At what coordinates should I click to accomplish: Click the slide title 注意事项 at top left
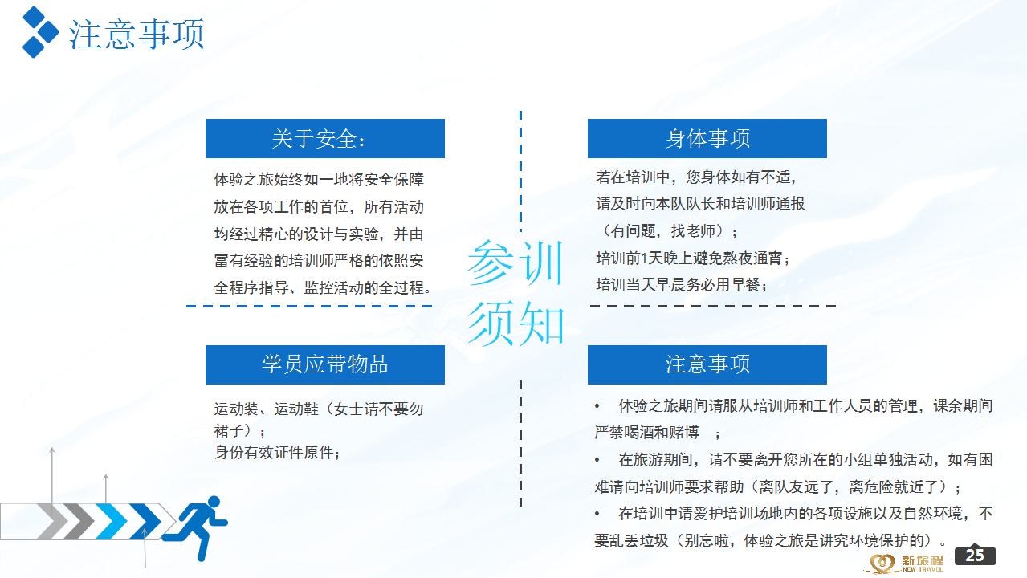coord(137,34)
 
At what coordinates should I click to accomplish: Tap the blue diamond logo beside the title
coord(40,32)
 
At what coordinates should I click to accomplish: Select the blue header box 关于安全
coord(325,138)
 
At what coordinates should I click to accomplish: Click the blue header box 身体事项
coord(707,138)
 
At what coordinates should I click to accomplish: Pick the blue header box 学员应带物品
coord(325,364)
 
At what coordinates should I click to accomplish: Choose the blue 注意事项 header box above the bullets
coord(707,364)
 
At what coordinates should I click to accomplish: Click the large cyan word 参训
coord(516,263)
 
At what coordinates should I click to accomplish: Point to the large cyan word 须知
coord(516,324)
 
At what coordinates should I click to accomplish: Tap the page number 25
coord(975,555)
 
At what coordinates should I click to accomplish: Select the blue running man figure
coord(195,528)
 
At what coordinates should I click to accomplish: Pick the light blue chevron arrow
coord(112,521)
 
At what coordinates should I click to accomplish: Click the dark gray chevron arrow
coord(78,521)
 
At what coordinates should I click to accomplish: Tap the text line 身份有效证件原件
coord(277,453)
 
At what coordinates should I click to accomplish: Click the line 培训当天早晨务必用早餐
coord(681,285)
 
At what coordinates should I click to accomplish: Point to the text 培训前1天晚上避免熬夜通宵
coord(693,258)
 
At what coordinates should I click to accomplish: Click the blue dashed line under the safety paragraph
coord(309,306)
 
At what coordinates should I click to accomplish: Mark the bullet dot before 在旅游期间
coord(597,460)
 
